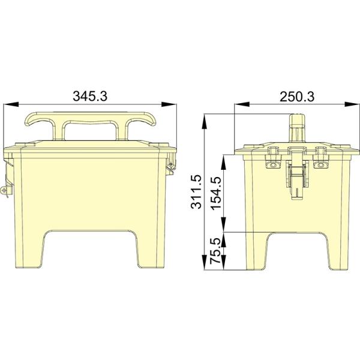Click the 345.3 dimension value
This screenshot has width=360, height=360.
click(90, 96)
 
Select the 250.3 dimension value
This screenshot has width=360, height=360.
click(297, 97)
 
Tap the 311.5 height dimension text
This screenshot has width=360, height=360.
click(197, 191)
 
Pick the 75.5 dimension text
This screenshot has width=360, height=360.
click(216, 251)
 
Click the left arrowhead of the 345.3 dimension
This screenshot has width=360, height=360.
click(11, 104)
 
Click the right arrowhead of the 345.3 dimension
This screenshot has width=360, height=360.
click(169, 104)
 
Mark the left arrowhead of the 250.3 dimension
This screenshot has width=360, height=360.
click(242, 104)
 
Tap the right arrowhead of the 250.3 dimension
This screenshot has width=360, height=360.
click(352, 104)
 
